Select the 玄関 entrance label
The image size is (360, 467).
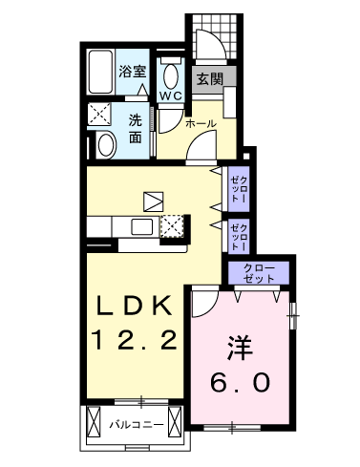tap(210, 81)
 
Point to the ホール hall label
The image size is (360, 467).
tap(200, 124)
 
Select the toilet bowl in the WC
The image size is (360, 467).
tap(172, 74)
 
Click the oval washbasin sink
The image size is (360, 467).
tap(105, 144)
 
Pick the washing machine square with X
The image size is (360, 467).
tap(100, 115)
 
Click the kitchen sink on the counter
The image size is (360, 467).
tap(142, 226)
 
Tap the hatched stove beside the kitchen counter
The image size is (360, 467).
tap(172, 226)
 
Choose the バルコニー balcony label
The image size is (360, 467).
tap(135, 422)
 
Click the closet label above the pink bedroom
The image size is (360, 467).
tap(258, 272)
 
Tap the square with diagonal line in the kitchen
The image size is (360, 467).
tap(154, 201)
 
